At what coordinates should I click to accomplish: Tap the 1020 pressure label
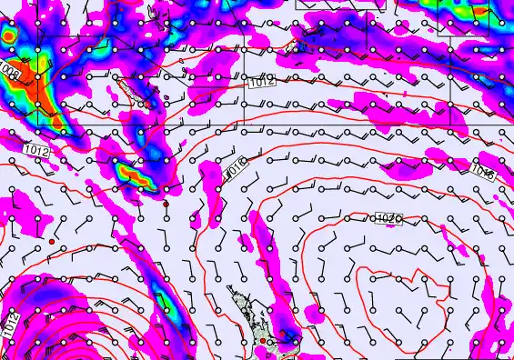[388, 218]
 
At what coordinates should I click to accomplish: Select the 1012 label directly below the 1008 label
[36, 149]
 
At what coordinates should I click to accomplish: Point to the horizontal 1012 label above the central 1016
[260, 83]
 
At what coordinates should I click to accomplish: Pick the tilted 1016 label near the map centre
[236, 167]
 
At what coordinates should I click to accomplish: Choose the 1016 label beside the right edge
[483, 171]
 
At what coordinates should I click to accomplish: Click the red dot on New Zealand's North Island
[262, 341]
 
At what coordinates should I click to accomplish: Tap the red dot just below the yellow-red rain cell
[166, 204]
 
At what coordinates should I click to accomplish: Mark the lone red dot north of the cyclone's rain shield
[53, 241]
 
